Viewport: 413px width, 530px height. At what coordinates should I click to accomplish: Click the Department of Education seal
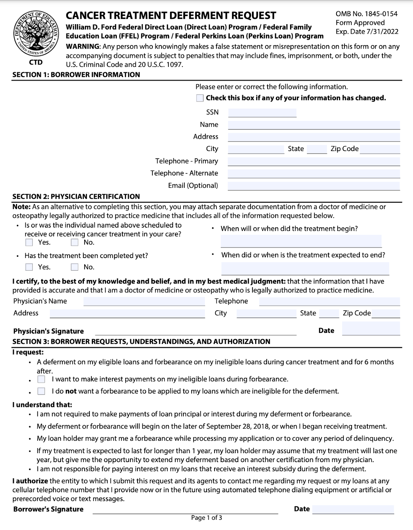point(36,34)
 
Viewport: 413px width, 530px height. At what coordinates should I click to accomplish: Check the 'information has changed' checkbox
point(200,98)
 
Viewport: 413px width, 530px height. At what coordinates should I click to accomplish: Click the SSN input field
point(262,113)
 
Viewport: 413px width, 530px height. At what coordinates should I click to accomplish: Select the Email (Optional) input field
point(314,186)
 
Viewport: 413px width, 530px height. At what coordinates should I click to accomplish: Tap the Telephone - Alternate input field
point(314,174)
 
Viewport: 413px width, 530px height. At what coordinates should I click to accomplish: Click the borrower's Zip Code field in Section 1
point(380,149)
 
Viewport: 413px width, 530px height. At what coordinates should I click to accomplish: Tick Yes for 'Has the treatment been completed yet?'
point(29,267)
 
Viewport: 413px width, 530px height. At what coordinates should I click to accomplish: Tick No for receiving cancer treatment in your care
point(75,242)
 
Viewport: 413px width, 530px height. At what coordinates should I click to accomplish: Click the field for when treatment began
point(301,241)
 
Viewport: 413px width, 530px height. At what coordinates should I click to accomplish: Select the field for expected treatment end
point(305,269)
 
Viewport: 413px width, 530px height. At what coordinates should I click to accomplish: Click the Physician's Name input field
point(144,301)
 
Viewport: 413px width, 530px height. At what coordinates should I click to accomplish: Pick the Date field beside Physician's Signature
point(371,329)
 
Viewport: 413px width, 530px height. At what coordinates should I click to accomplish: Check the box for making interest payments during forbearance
point(41,379)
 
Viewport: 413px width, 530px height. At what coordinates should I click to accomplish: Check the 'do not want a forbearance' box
point(41,391)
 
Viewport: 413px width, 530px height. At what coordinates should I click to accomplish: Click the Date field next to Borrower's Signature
point(353,509)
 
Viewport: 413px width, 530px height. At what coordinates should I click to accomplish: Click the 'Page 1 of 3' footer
point(206,518)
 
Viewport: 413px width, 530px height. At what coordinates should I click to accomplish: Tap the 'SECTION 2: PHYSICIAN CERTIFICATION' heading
point(76,196)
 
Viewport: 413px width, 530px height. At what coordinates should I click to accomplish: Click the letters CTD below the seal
point(36,62)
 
